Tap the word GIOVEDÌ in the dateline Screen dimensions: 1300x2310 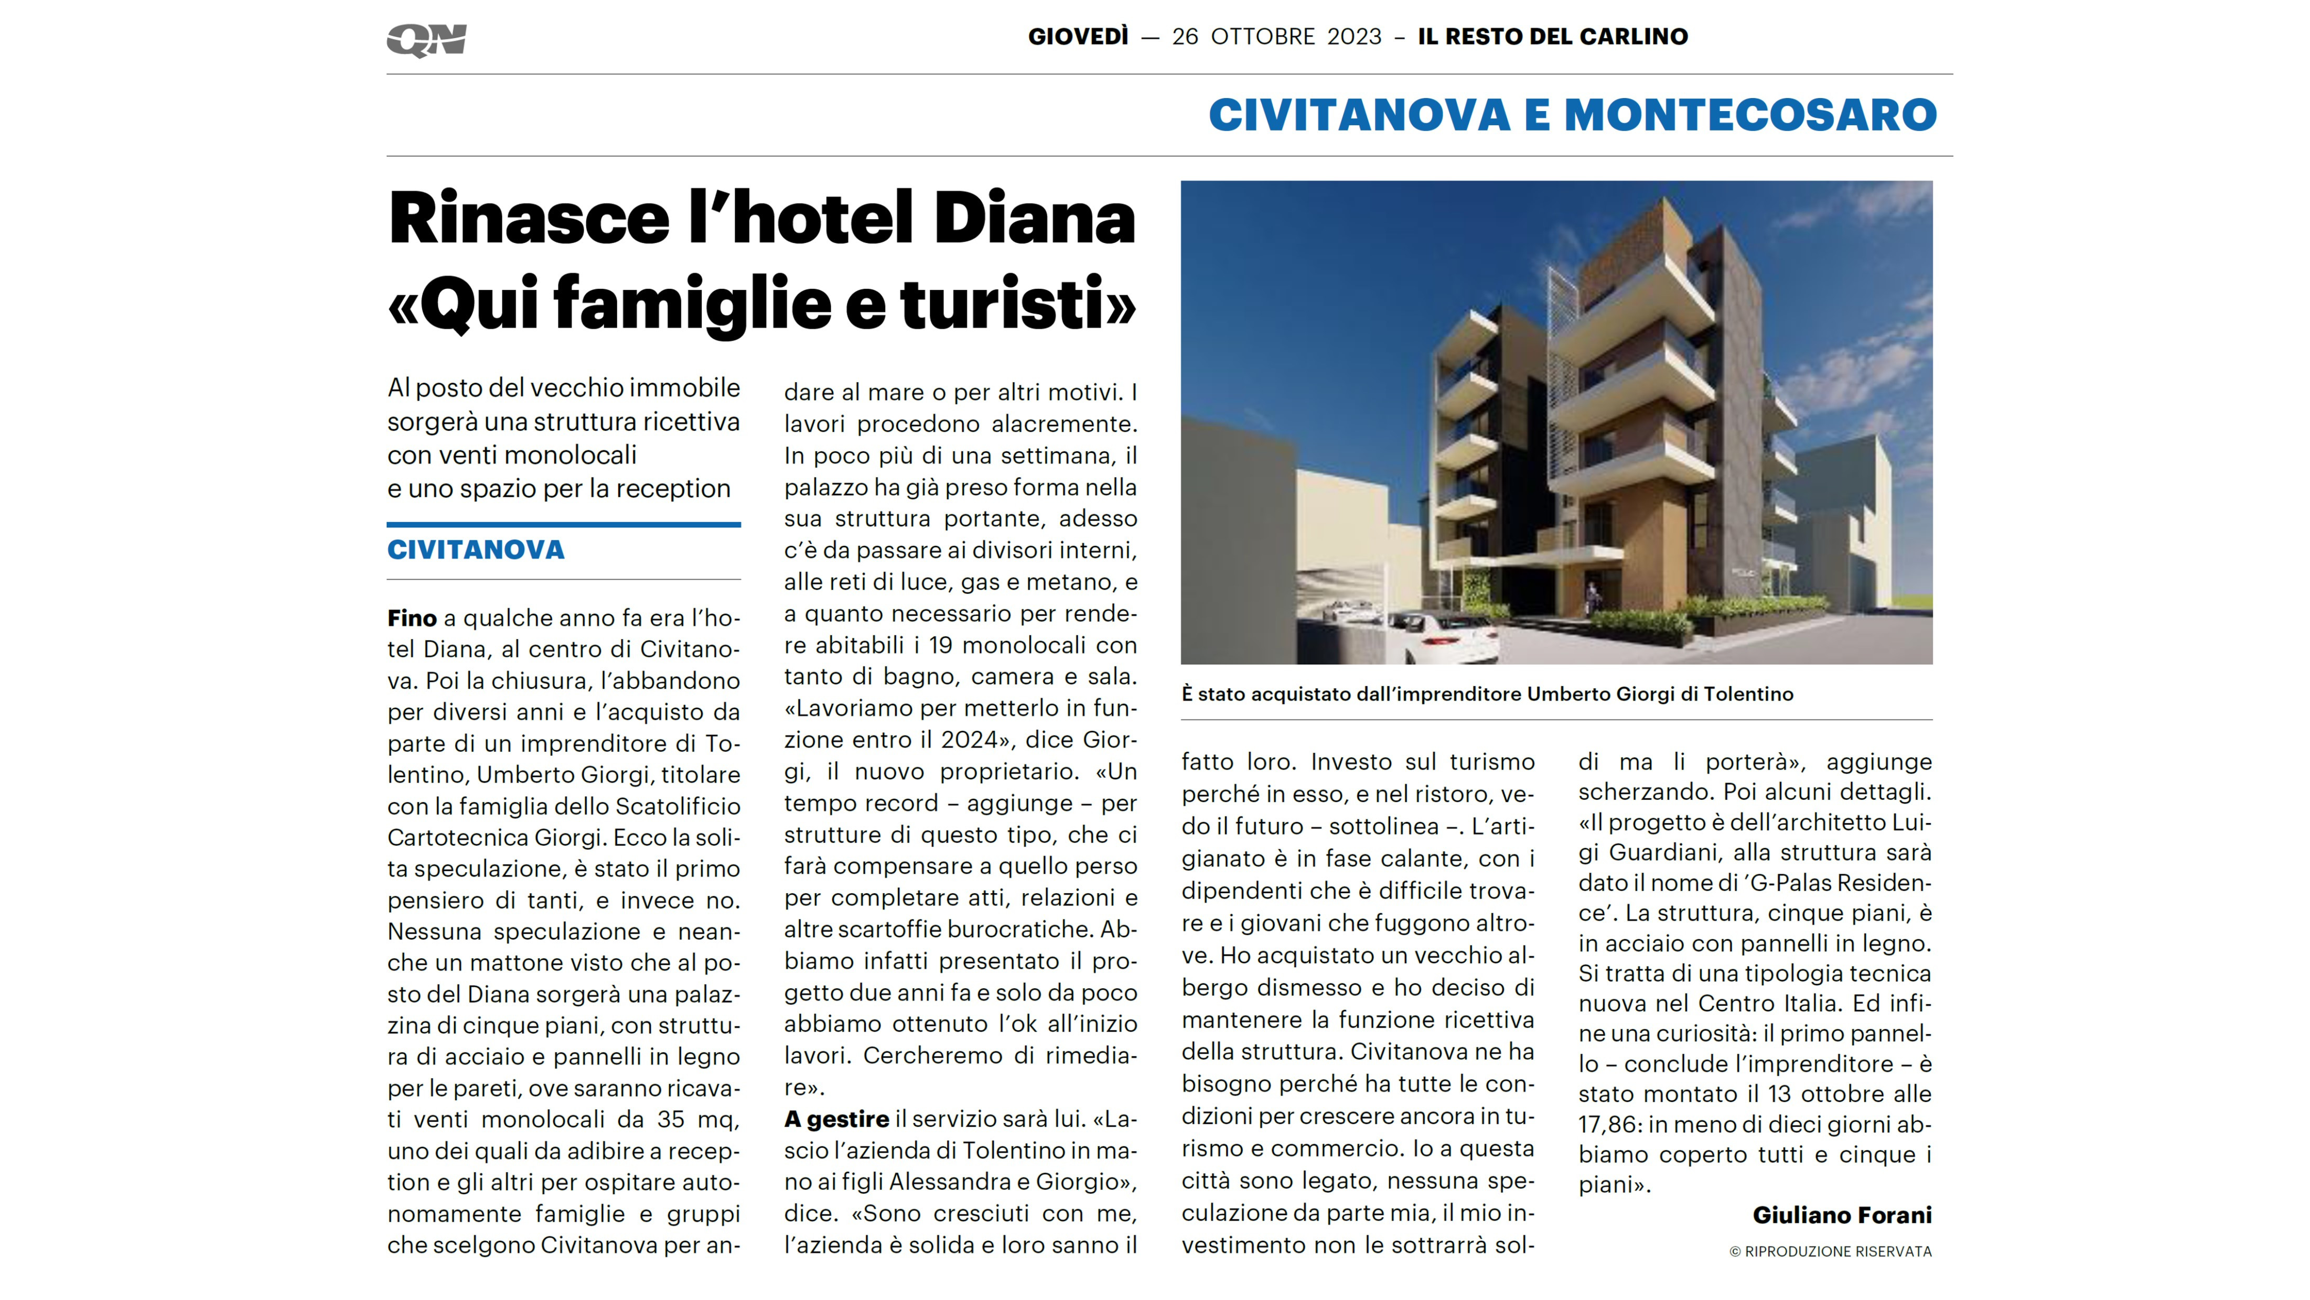pos(1078,37)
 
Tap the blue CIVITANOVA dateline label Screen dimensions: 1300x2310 pos(475,549)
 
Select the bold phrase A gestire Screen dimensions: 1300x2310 pos(836,1119)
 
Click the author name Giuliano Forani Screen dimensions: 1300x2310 pos(1842,1215)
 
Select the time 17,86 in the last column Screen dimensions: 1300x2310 pos(1609,1124)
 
